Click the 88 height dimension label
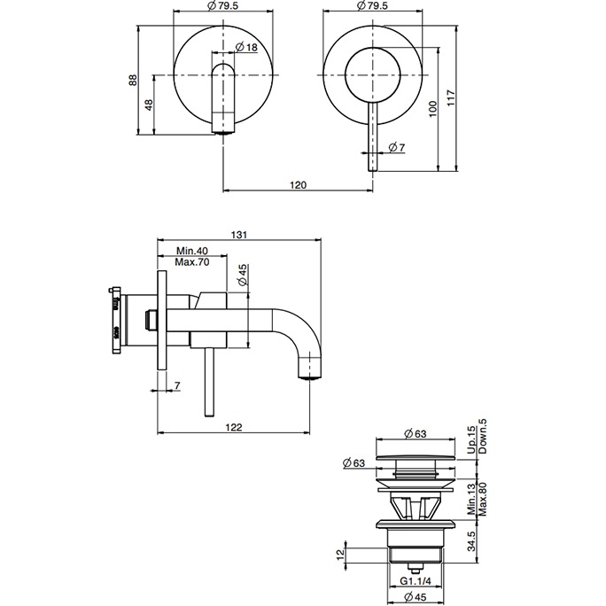[x=133, y=79]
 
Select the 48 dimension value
[x=149, y=105]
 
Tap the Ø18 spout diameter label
[x=248, y=47]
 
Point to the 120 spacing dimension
[x=298, y=184]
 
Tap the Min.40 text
[x=192, y=252]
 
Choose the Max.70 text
[x=192, y=263]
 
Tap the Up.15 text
[x=471, y=439]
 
